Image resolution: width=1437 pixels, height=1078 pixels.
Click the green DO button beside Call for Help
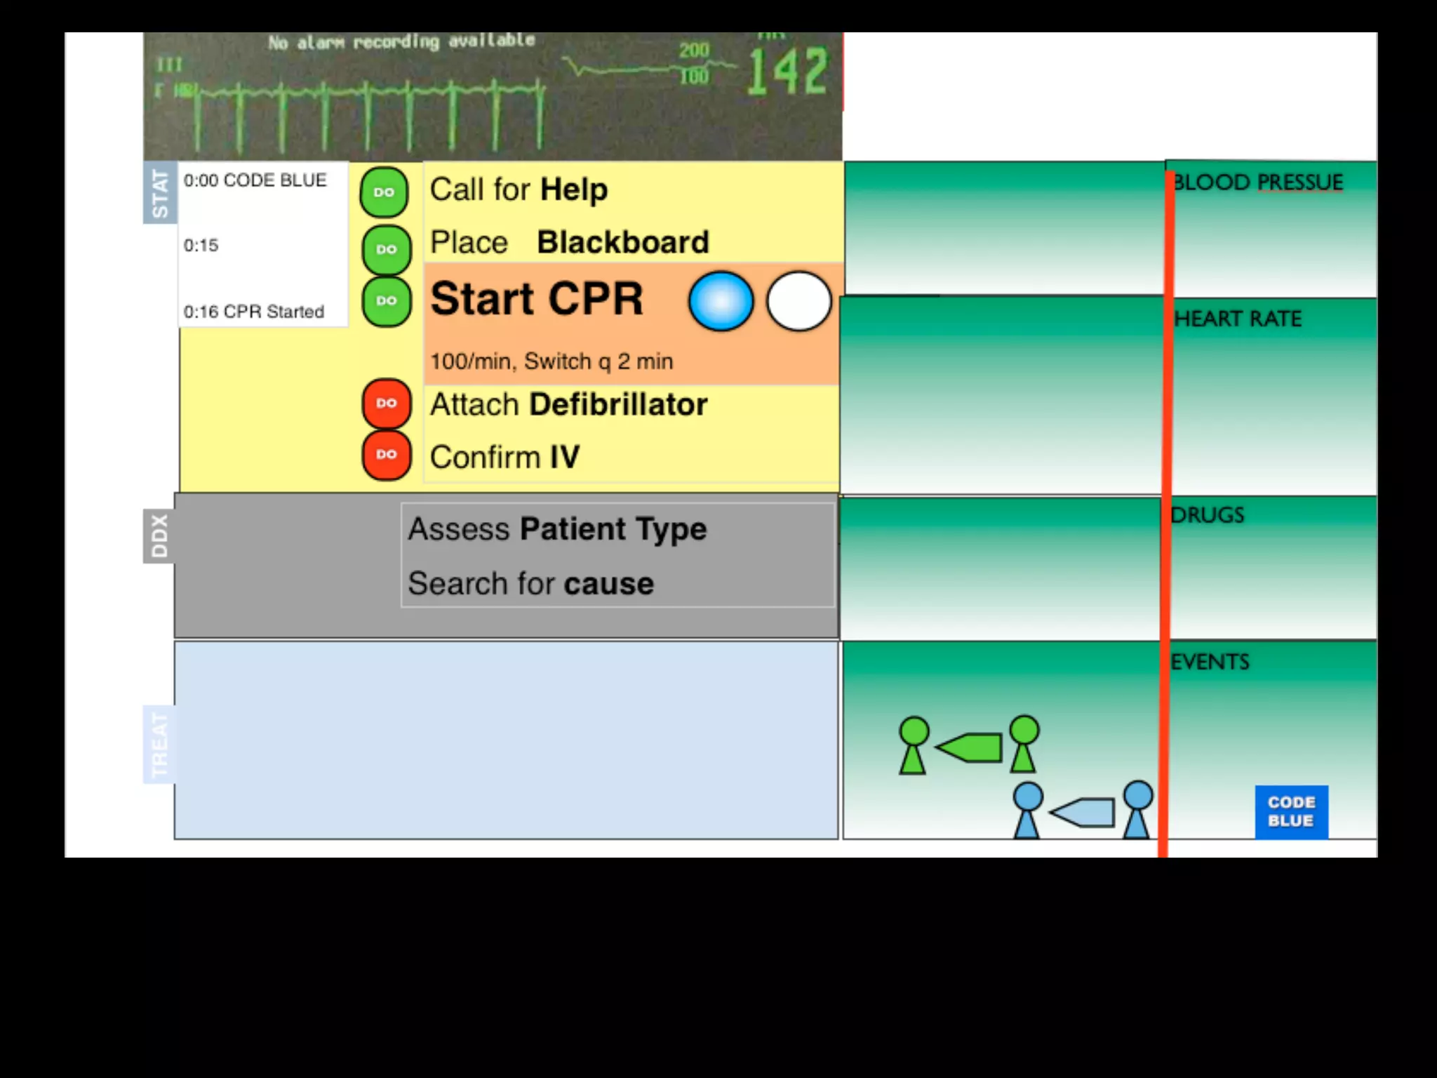tap(384, 192)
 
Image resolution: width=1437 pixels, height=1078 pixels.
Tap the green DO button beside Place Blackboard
tap(386, 249)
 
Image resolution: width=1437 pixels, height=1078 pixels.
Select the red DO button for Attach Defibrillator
tap(386, 404)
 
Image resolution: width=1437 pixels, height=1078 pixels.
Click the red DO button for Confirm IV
tap(386, 455)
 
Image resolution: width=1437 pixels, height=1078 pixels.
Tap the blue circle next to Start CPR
tap(721, 301)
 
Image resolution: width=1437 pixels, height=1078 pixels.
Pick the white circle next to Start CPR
tap(798, 301)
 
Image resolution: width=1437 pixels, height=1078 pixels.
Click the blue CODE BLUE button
tap(1291, 812)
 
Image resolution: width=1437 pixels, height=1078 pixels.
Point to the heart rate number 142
tap(787, 72)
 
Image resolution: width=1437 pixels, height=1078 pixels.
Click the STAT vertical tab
tap(160, 193)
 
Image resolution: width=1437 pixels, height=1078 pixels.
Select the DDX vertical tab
tap(159, 536)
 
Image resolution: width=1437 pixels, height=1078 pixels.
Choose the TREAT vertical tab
tap(159, 744)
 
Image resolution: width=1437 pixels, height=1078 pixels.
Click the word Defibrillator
tap(618, 405)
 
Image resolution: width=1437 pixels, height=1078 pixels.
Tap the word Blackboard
tap(623, 243)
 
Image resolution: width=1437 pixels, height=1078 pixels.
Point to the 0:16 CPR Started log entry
tap(254, 312)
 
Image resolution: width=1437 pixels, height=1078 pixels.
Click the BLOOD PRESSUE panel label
tap(1258, 182)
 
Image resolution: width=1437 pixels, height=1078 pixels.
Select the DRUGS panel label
tap(1208, 515)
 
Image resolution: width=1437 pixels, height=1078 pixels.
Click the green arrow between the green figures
tap(970, 747)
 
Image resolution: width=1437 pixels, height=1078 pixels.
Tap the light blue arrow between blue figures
tap(1083, 813)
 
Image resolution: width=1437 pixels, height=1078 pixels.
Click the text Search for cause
tap(531, 584)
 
